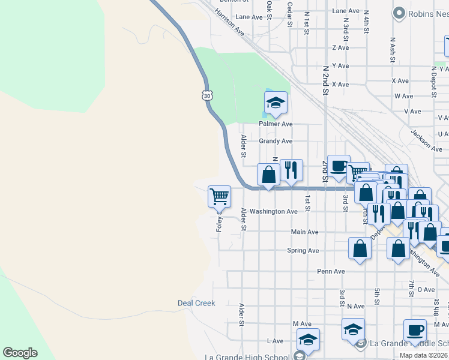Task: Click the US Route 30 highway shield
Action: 207,95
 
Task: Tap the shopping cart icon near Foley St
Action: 219,196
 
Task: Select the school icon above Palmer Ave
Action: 276,103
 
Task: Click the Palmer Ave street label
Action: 276,124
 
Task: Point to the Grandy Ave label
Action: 276,141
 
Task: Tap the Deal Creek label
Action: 196,303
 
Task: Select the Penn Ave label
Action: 331,271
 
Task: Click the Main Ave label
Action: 304,232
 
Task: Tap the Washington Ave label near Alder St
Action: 274,211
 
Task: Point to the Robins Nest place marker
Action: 399,13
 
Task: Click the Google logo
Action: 20,353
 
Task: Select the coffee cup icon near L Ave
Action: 415,330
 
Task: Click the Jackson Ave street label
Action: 427,140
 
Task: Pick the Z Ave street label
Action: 340,47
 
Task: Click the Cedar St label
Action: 290,14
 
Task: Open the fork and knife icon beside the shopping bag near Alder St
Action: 291,170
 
